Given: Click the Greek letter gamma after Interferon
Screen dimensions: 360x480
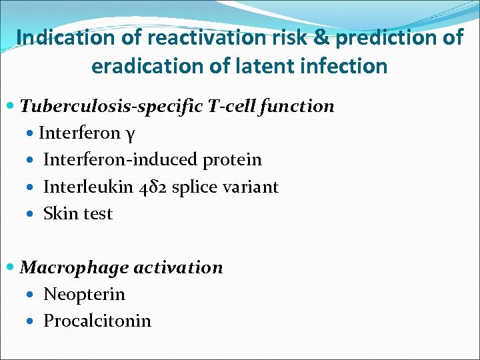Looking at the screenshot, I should click(x=131, y=134).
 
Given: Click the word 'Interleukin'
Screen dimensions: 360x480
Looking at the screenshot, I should click(x=87, y=187).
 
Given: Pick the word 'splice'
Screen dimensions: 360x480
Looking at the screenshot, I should click(x=195, y=187).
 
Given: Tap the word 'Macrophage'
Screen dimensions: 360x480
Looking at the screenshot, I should click(x=75, y=268).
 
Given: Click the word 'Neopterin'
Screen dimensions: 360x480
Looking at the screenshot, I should click(x=84, y=295).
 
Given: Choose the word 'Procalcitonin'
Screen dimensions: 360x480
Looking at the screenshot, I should click(x=97, y=321).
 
